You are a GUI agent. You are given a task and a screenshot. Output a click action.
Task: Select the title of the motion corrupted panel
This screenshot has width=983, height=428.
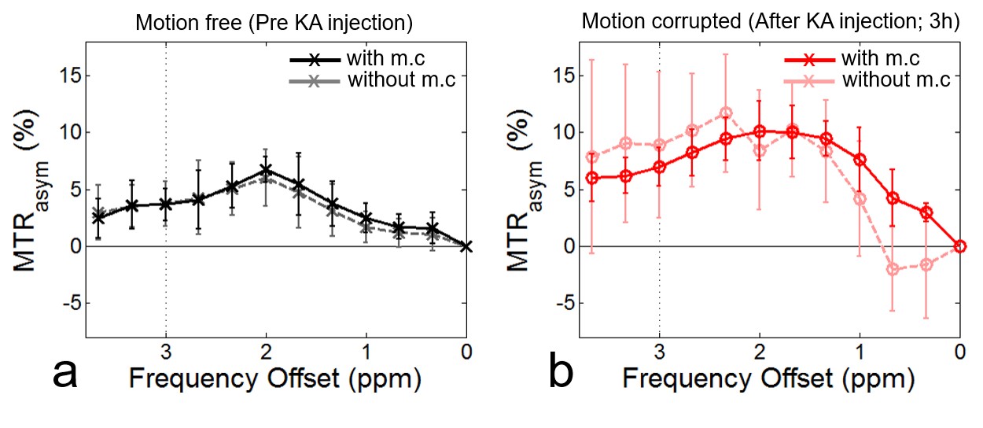(769, 21)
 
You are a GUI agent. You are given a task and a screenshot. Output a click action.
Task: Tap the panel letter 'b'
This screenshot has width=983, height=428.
(561, 374)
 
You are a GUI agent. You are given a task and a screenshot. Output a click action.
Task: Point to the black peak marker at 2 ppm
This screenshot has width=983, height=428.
(266, 170)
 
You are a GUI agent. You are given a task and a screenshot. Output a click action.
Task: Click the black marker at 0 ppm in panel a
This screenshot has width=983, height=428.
(466, 246)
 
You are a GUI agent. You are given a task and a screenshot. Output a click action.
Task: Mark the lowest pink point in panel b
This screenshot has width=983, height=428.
(893, 269)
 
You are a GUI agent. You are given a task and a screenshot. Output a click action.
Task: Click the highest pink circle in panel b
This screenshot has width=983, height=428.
(726, 113)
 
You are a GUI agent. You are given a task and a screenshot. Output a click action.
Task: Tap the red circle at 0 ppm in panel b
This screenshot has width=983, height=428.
(959, 246)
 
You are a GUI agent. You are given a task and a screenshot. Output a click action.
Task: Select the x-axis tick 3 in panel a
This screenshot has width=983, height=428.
(166, 350)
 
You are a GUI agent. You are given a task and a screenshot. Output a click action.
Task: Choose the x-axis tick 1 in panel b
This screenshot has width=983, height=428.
(860, 350)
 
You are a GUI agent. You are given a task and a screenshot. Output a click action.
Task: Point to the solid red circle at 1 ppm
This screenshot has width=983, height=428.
(860, 159)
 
